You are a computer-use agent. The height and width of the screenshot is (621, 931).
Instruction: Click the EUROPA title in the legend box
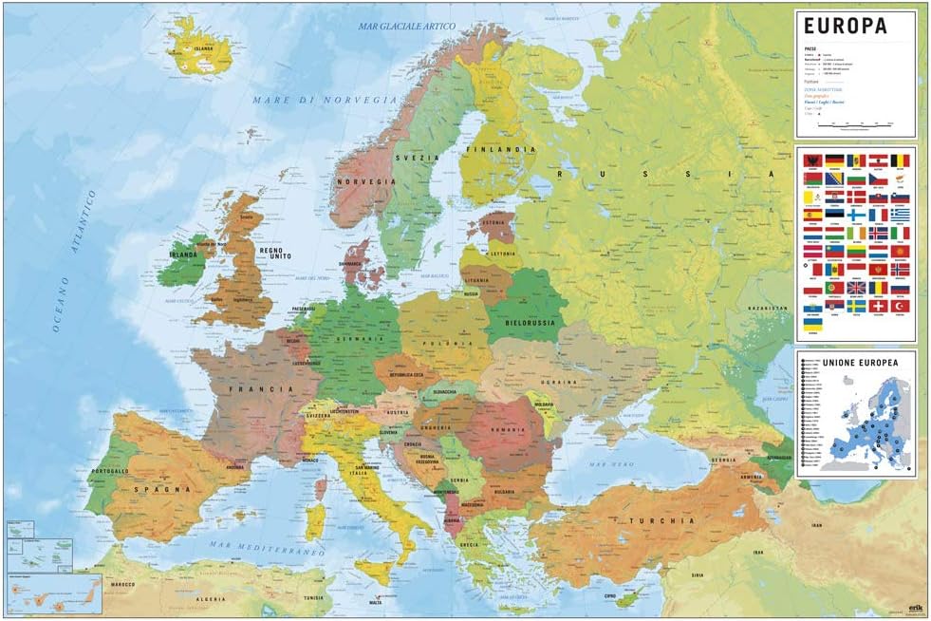[x=845, y=27]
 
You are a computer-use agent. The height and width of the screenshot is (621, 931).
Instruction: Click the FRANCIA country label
[x=244, y=389]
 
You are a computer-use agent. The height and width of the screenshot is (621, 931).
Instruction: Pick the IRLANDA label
[x=183, y=254]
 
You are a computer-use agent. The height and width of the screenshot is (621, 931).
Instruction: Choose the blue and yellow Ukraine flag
[x=813, y=324]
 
